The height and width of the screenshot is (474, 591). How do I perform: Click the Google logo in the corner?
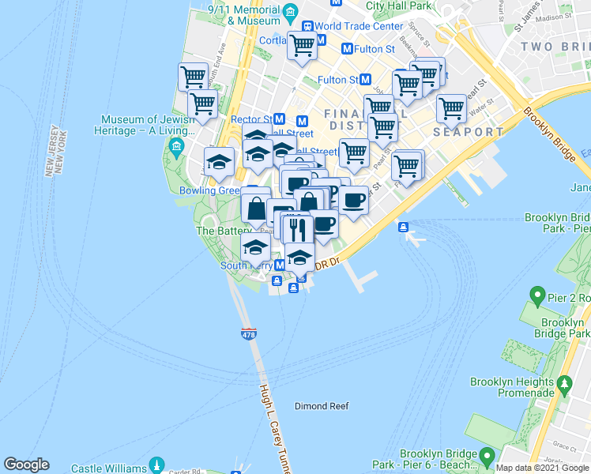coord(26,465)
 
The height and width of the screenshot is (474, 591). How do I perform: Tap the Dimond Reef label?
coord(322,407)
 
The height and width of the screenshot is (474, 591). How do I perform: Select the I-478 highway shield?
coord(248,334)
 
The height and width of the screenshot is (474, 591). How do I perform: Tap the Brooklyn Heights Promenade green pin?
coord(564,385)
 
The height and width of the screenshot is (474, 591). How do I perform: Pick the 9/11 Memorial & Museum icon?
coord(291,11)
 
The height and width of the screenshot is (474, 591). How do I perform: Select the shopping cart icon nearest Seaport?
coord(451,108)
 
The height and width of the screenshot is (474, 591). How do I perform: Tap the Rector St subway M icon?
coord(280,119)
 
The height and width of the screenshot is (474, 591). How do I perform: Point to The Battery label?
coord(216,231)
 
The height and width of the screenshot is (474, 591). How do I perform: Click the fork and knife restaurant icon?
coord(297,229)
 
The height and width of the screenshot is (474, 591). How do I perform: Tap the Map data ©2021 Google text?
coord(542,468)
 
